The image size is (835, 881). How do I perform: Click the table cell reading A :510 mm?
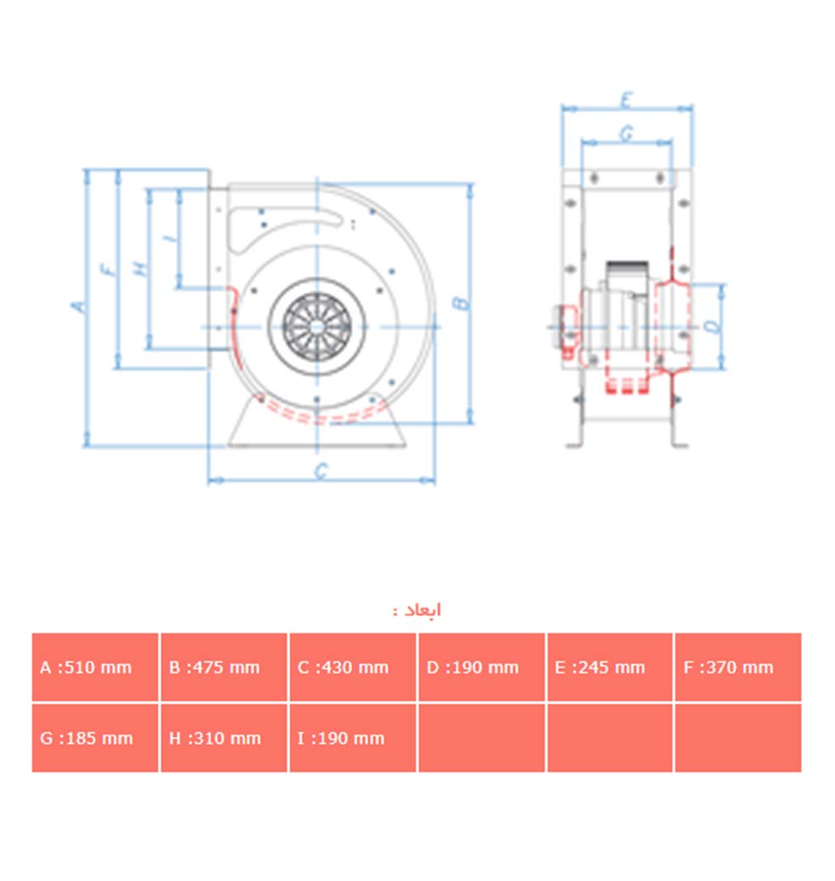[95, 667]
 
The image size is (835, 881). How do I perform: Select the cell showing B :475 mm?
[224, 667]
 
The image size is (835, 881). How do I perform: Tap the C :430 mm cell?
[353, 667]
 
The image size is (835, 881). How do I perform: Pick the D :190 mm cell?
[481, 667]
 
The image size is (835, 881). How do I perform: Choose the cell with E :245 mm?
[610, 667]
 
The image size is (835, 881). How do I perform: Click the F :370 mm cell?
[738, 667]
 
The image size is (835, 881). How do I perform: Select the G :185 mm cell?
[95, 738]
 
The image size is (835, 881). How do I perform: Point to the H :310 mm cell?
[224, 738]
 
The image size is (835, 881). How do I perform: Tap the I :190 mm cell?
[353, 738]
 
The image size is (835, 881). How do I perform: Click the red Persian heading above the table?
[417, 611]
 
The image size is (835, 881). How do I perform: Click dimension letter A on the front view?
[79, 306]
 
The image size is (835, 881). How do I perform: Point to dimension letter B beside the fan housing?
[460, 303]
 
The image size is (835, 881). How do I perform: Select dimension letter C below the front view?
[321, 470]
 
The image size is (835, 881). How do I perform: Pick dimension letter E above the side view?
[627, 100]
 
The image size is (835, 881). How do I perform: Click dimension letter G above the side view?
[627, 134]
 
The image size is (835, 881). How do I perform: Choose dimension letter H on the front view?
[140, 269]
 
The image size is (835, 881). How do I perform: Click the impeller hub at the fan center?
[317, 327]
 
